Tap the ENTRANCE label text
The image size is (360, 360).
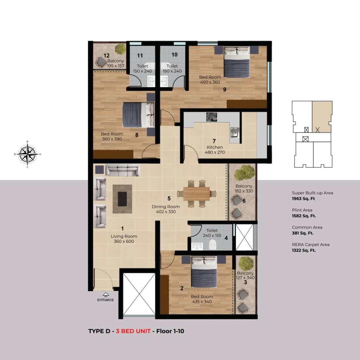(105, 300)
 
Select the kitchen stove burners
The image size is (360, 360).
(211, 117)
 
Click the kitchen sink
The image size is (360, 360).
(234, 133)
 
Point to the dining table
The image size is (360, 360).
(197, 194)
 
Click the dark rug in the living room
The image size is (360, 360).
(122, 199)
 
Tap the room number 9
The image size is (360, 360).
(225, 90)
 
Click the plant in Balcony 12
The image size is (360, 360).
(120, 49)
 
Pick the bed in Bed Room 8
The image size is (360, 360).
(138, 115)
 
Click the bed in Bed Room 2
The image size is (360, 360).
(204, 272)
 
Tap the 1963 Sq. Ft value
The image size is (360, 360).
(303, 199)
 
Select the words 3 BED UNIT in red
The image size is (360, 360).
(133, 331)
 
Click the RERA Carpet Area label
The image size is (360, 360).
(311, 245)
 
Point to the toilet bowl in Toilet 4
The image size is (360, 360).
(213, 245)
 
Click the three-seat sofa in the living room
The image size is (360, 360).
(122, 170)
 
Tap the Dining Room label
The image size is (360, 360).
(166, 207)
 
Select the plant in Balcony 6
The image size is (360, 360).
(245, 173)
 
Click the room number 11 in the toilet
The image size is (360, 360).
(140, 56)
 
